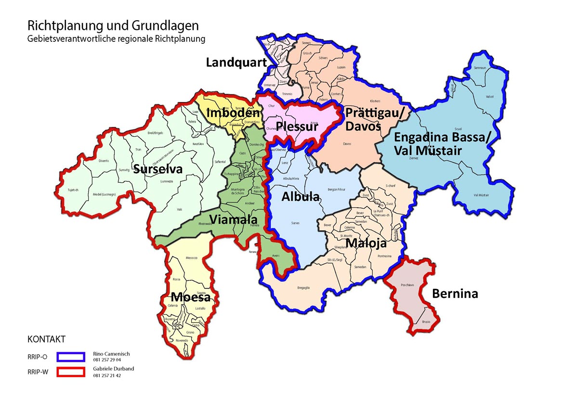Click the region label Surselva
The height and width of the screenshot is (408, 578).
pyautogui.click(x=158, y=169)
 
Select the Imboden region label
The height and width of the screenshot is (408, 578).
pyautogui.click(x=233, y=114)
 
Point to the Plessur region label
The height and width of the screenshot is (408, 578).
pyautogui.click(x=297, y=127)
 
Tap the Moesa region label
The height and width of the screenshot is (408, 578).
pyautogui.click(x=191, y=296)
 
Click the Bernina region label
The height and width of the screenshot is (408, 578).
pyautogui.click(x=455, y=293)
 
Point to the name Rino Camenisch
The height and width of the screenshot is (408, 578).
pyautogui.click(x=111, y=354)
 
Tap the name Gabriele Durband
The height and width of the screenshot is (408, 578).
pyautogui.click(x=114, y=369)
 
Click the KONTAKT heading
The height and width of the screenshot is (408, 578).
pyautogui.click(x=46, y=339)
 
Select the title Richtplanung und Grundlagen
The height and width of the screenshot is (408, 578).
pyautogui.click(x=113, y=25)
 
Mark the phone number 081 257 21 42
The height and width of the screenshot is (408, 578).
pyautogui.click(x=107, y=376)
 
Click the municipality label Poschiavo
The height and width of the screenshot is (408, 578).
pyautogui.click(x=407, y=285)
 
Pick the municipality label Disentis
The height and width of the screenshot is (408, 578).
pyautogui.click(x=104, y=161)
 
